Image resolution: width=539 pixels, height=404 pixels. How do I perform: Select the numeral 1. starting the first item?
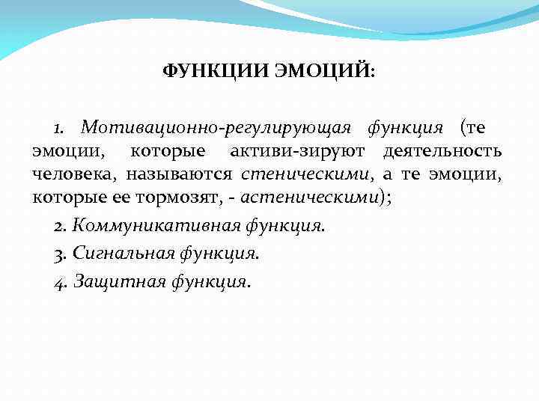coord(62,128)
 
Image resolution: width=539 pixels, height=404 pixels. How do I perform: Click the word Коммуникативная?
coord(149,226)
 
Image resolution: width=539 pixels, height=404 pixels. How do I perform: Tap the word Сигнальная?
coord(124,254)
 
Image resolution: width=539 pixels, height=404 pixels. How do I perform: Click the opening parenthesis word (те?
coord(475,129)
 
